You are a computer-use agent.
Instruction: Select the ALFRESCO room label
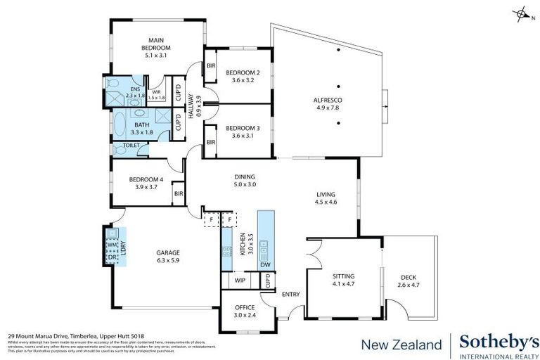pyautogui.click(x=326, y=104)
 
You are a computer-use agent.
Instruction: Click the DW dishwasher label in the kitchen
pyautogui.click(x=265, y=265)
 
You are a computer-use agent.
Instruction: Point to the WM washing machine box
pyautogui.click(x=112, y=245)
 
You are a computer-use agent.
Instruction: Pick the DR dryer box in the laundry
pyautogui.click(x=112, y=258)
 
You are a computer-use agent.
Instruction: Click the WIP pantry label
pyautogui.click(x=238, y=281)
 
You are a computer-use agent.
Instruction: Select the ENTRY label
pyautogui.click(x=290, y=295)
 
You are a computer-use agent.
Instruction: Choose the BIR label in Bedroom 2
pyautogui.click(x=210, y=66)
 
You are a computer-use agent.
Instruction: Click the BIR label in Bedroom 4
pyautogui.click(x=179, y=193)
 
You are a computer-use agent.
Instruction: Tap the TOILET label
pyautogui.click(x=131, y=146)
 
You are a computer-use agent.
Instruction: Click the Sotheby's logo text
pyautogui.click(x=495, y=342)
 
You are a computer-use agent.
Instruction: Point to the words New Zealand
pyautogui.click(x=401, y=345)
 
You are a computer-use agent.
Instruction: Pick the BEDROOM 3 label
pyautogui.click(x=243, y=131)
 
